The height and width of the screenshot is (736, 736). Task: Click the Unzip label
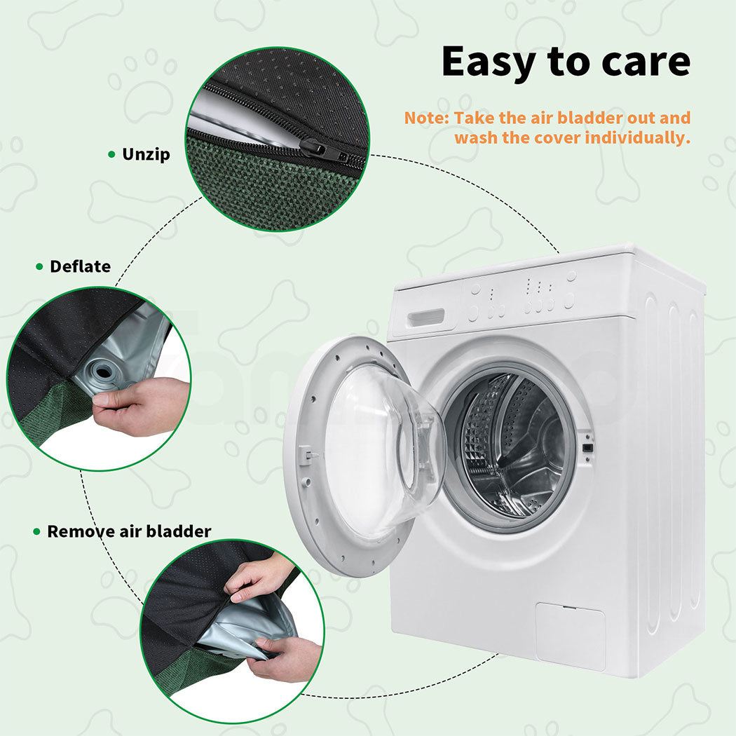point(146,154)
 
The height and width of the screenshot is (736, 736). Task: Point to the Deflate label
point(81,266)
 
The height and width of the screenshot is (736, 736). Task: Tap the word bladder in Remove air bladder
point(179,531)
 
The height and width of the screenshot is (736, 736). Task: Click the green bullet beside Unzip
point(111,154)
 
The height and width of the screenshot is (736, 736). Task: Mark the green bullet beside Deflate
point(39,266)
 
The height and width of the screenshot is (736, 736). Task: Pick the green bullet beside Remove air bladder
point(37,532)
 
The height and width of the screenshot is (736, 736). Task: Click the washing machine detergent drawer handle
point(425,318)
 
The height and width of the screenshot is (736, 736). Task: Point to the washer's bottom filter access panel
point(571,636)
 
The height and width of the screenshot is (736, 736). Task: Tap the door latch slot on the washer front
point(587,447)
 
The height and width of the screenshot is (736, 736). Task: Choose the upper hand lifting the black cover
point(258,578)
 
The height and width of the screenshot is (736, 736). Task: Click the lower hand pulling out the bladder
point(286,657)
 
